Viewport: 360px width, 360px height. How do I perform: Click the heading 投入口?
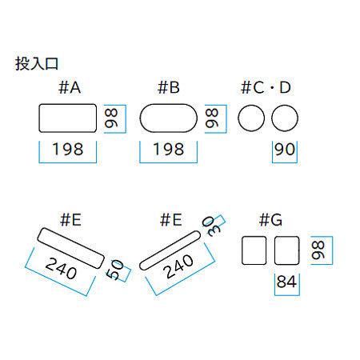[37, 63]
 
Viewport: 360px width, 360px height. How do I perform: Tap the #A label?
[70, 87]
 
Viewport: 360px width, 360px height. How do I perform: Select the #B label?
[169, 87]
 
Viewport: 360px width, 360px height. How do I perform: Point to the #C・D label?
[266, 87]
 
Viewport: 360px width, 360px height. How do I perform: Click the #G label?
[270, 220]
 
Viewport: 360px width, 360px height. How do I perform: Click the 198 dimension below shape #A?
[68, 149]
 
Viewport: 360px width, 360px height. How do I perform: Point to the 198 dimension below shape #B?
[169, 149]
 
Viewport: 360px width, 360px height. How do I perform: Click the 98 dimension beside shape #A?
[111, 118]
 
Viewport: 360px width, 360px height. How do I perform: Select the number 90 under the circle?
[285, 149]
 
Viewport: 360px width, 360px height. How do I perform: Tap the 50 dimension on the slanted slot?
[115, 270]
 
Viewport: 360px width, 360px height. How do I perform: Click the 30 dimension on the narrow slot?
[211, 226]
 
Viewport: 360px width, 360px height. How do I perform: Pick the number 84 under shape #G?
[286, 282]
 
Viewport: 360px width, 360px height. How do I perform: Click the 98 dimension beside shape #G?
[318, 250]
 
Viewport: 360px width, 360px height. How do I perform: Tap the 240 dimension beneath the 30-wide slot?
[178, 266]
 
